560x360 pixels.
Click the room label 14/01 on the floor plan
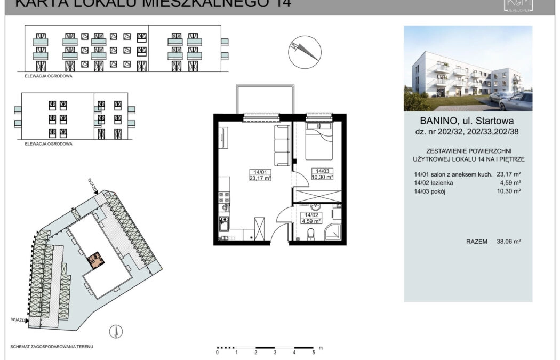pos(260,172)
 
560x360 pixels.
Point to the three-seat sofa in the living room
pos(282,146)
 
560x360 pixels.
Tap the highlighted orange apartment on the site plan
pos(97,260)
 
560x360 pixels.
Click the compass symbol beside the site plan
pos(114,332)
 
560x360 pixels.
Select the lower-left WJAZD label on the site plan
pos(17,319)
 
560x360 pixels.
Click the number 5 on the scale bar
pos(314,353)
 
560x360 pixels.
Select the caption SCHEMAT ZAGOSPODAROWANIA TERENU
pos(52,347)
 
